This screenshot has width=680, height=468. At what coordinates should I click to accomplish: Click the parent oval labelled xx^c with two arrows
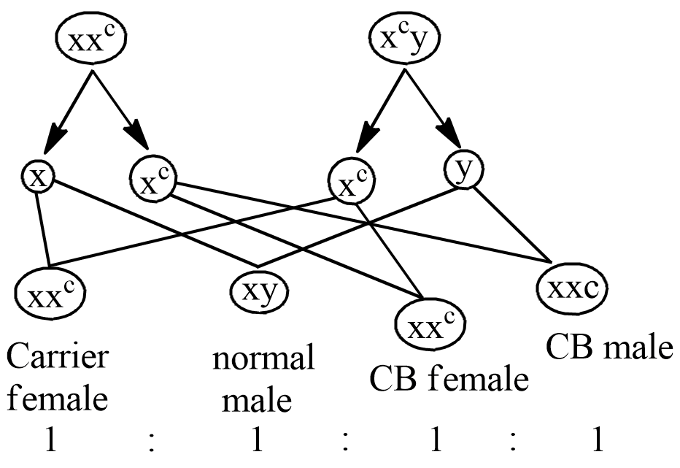[x=90, y=41]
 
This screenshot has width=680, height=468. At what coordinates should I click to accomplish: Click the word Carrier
[x=58, y=358]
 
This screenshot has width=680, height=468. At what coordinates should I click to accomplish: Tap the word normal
[x=264, y=359]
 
